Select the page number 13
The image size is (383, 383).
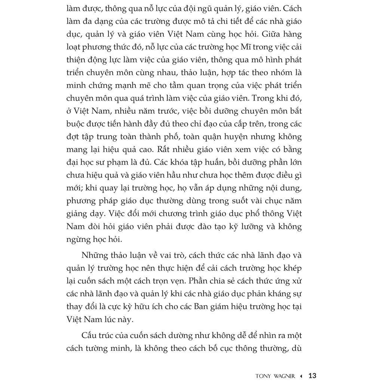313,376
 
